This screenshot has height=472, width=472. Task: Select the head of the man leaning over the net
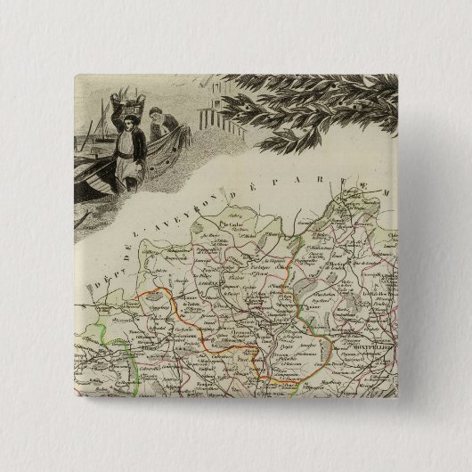pos(157,116)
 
